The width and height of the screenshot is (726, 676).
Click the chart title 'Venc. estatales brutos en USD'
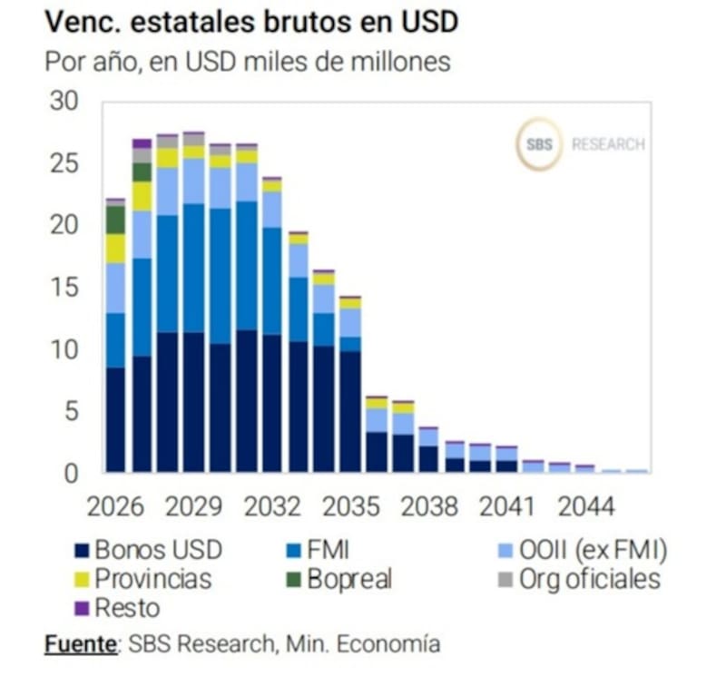point(250,23)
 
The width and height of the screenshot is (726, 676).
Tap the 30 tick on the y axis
point(66,101)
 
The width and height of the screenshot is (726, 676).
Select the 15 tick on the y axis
point(66,287)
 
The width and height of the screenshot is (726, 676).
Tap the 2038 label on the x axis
point(428,505)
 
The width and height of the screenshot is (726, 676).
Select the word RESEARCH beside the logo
point(608,144)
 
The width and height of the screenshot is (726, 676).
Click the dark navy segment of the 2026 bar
point(115,419)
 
